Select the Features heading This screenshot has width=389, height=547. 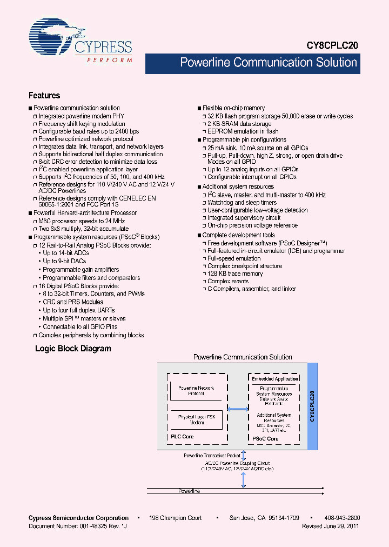click(44, 96)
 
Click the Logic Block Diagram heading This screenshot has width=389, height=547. click(73, 349)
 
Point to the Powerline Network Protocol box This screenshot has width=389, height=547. click(196, 390)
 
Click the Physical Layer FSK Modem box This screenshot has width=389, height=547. click(196, 419)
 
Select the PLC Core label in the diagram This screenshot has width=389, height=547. click(182, 437)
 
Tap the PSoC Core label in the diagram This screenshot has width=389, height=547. click(266, 438)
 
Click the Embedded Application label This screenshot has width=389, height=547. click(275, 379)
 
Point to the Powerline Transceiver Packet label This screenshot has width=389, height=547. click(211, 456)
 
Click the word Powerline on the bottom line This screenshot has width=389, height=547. click(189, 491)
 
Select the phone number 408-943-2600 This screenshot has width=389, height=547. click(342, 518)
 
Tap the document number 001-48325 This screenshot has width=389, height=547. click(97, 525)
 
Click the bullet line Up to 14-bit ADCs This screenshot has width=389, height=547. click(66, 254)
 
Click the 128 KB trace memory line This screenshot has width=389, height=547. click(235, 273)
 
